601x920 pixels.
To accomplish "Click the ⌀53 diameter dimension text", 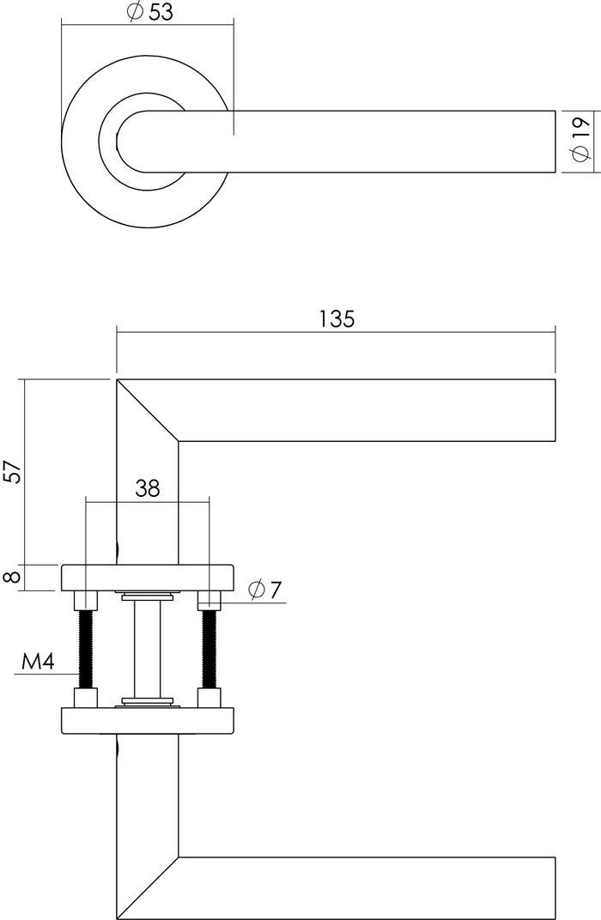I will click(149, 12).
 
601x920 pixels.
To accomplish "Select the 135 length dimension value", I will click(337, 319).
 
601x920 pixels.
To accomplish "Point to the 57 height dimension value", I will click(12, 471).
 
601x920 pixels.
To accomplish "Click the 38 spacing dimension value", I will click(148, 488).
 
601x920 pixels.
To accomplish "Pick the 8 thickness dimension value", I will click(12, 577).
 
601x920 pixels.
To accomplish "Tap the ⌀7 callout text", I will click(264, 590).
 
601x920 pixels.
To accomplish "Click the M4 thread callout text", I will click(37, 662).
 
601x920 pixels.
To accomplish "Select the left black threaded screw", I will click(86, 649).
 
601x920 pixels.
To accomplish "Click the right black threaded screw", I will click(208, 649).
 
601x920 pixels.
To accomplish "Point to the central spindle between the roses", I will click(147, 649).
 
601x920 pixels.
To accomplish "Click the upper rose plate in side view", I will click(147, 578).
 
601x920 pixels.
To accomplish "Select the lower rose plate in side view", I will click(147, 720).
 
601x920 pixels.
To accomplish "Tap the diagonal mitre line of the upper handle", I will click(148, 410).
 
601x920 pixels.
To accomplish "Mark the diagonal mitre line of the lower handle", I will click(148, 887).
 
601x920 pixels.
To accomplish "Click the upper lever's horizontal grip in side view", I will click(369, 410).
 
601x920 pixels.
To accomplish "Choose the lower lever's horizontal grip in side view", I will click(369, 887).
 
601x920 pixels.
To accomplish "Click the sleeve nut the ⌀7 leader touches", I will click(208, 600).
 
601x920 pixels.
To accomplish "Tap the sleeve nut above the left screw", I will click(86, 600).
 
